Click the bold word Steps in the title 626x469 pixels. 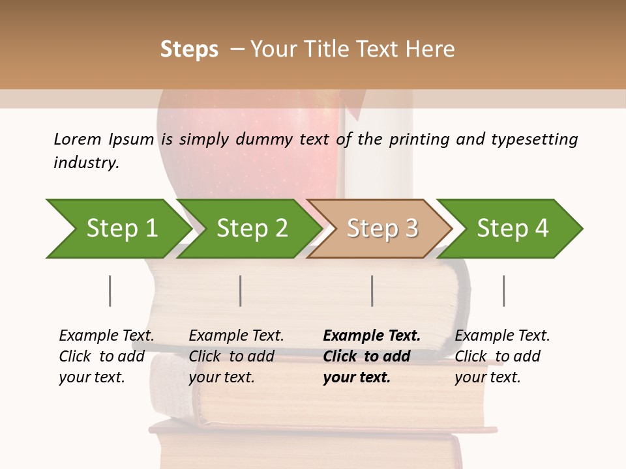(189, 50)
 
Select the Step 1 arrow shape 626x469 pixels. (117, 229)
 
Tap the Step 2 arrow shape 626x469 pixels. (251, 229)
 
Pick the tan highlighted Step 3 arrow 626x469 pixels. (381, 229)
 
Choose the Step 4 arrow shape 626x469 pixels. (512, 229)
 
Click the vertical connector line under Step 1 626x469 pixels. (110, 291)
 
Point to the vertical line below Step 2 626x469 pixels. (241, 291)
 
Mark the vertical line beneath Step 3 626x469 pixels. (372, 291)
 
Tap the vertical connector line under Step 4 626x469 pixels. (503, 291)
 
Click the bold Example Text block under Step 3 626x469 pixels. (371, 356)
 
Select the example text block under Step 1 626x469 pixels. (106, 356)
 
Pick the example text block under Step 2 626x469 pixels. (236, 356)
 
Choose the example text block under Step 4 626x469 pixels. (502, 356)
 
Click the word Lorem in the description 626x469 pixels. (78, 139)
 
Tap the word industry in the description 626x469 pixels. (85, 162)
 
